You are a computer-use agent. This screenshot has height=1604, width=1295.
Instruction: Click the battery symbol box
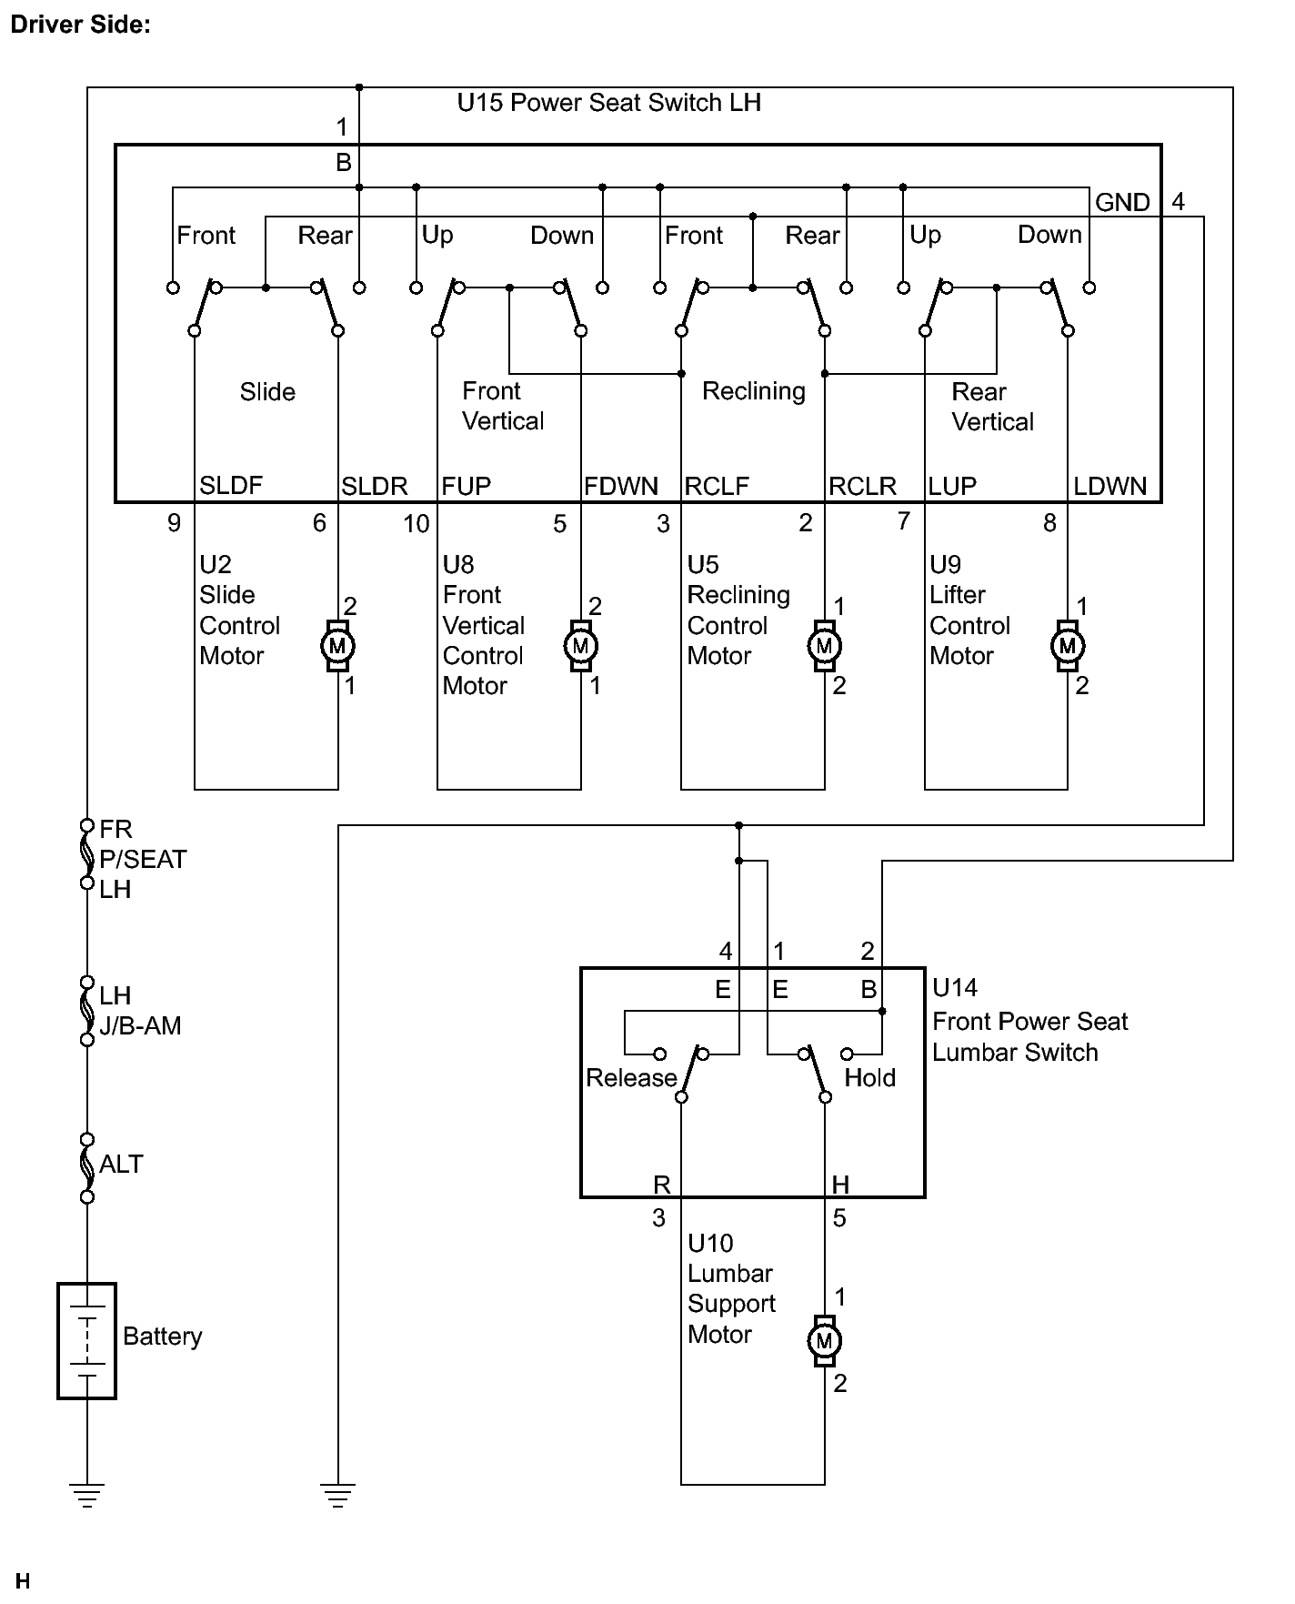tap(86, 1340)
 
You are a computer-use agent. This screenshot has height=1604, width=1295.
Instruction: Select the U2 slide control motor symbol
tap(337, 646)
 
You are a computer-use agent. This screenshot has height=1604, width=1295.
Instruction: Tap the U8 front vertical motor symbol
tap(580, 646)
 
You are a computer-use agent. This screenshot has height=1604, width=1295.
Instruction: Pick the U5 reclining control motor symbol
tap(824, 646)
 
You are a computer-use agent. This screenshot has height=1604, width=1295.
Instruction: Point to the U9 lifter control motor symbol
tap(1068, 646)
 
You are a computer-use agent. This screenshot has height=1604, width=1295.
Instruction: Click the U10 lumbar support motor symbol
tap(824, 1340)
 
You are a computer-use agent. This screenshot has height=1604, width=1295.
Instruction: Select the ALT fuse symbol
tap(87, 1167)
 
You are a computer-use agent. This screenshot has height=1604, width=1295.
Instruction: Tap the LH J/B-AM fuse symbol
tap(87, 1011)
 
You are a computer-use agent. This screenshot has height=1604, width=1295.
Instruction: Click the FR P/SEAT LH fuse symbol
tap(87, 853)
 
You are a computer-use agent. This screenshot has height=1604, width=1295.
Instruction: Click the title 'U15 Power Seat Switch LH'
tap(608, 103)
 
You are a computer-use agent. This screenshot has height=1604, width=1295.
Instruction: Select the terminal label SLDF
tap(231, 486)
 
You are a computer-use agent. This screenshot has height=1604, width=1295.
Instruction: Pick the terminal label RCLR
tap(862, 487)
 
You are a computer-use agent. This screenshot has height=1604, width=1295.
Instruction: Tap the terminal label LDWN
tap(1110, 487)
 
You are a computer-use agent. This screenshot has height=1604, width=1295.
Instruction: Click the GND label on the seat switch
tap(1122, 202)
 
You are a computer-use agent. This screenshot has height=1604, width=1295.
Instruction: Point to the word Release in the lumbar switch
tap(631, 1078)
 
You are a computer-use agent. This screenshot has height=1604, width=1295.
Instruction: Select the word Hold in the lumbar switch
tap(870, 1078)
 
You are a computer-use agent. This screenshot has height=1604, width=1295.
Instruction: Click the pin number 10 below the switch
tap(417, 524)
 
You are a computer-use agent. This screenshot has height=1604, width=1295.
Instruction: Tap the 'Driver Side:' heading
tap(80, 25)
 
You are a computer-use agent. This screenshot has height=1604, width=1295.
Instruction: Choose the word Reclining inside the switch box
tap(754, 391)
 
